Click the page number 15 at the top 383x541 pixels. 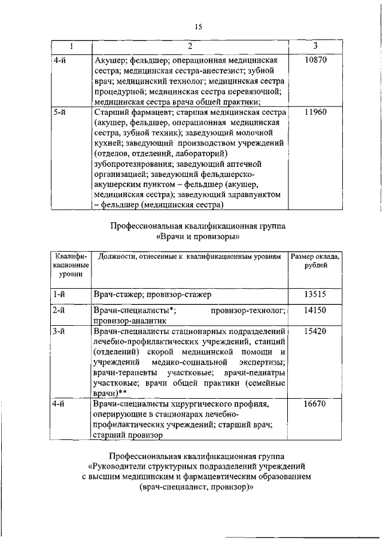199,26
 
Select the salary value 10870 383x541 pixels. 315,61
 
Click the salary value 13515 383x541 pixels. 315,294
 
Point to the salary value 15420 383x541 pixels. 315,330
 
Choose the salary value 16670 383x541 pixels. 315,404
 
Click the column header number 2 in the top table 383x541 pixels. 189,47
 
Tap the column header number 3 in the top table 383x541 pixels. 315,47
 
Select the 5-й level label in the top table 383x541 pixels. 59,111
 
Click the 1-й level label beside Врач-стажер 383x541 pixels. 59,294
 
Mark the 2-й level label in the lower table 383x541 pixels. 59,311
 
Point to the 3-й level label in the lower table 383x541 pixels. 59,330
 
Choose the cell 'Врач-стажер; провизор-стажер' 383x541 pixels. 153,294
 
